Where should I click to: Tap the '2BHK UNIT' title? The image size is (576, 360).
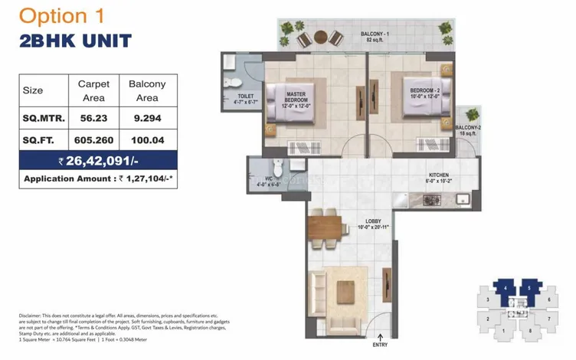coord(75,41)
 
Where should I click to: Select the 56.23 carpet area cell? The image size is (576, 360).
coord(94,119)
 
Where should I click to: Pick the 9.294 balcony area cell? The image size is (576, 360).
coord(147,119)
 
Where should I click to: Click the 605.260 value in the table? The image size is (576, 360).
coord(94,140)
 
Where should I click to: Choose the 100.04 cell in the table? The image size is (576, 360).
coord(147,140)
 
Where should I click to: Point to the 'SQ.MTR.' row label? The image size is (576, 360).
coord(43,119)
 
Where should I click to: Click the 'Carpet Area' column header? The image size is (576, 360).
coord(94,90)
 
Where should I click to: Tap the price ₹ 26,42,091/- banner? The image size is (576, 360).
coord(98,161)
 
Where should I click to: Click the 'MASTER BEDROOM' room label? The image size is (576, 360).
coord(296,97)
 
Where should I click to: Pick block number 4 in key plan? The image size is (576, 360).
coord(508,289)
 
